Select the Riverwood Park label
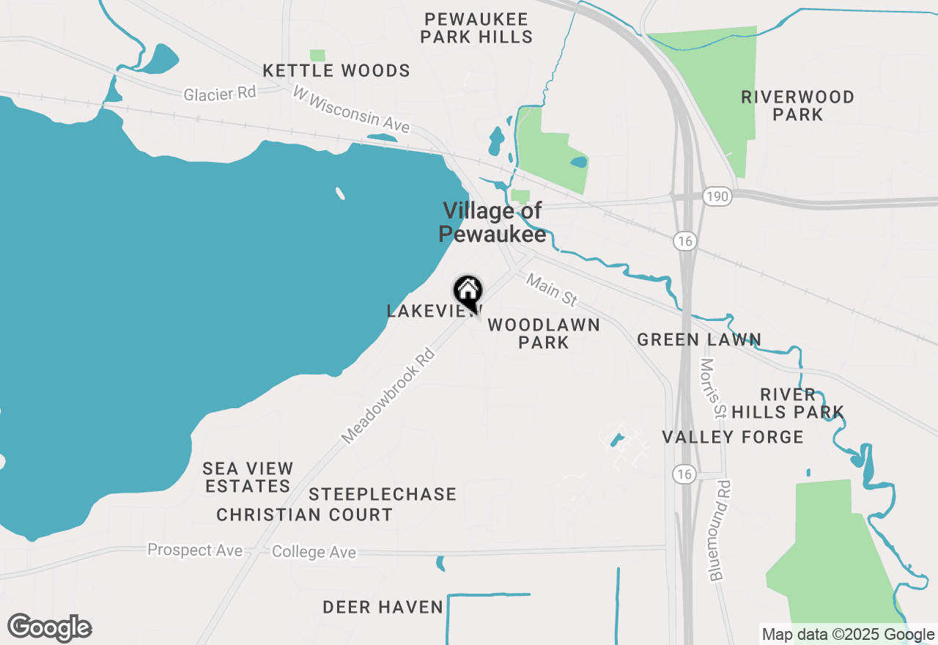point(797,106)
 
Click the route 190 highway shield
point(717,196)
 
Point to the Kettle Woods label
point(336,71)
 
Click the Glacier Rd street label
point(220,94)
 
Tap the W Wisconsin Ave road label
point(351,110)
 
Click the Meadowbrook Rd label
point(388,396)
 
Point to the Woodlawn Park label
point(543,333)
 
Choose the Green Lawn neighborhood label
point(699,339)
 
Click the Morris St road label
point(712,388)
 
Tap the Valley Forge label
point(733,438)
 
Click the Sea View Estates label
point(248,477)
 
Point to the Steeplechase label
point(383,495)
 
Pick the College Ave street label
point(314,552)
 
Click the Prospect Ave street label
point(195,550)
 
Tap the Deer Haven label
point(383,607)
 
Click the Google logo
point(50,627)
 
